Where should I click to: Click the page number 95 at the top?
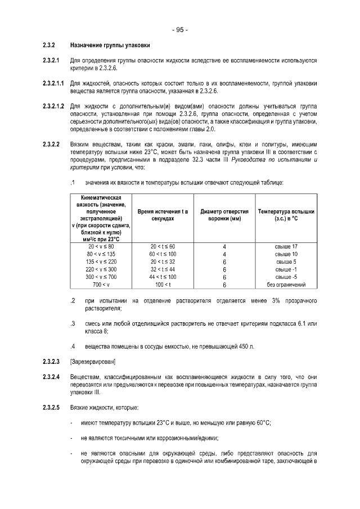click(x=180, y=30)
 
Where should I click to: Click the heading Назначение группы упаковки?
click(x=110, y=44)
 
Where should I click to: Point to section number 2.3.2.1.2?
click(x=54, y=106)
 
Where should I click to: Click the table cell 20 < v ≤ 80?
click(x=101, y=246)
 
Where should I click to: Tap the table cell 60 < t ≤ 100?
click(x=163, y=254)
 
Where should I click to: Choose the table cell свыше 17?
click(x=286, y=246)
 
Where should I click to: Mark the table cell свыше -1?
click(x=286, y=269)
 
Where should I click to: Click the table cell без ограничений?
click(x=286, y=285)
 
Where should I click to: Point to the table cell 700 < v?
click(x=101, y=285)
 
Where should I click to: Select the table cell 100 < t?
click(x=163, y=285)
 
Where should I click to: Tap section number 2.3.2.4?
click(x=51, y=375)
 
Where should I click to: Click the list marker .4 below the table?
click(x=73, y=345)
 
